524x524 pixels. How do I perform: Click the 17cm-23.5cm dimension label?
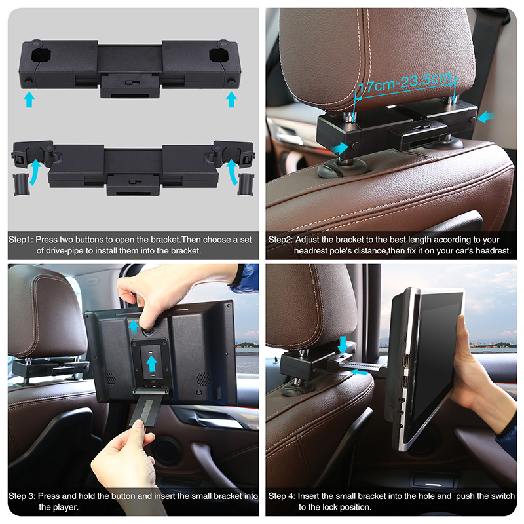[405, 83]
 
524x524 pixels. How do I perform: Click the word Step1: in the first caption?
[21, 240]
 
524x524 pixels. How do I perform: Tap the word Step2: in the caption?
[280, 240]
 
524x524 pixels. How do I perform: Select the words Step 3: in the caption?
[22, 496]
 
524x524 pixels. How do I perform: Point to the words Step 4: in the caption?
[282, 496]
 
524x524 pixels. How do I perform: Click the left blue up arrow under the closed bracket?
[29, 100]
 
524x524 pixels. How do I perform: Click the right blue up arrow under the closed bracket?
[231, 100]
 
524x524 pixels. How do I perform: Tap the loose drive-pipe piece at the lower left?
[21, 184]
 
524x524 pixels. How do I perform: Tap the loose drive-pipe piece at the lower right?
[246, 184]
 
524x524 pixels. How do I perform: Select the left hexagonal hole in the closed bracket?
[41, 55]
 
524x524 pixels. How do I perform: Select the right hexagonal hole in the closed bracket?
[219, 55]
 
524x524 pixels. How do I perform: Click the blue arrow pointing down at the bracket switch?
[343, 345]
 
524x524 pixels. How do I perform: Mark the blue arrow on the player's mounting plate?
[151, 364]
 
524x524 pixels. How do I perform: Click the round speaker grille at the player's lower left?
[109, 379]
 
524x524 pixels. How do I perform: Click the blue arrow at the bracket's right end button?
[485, 117]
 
